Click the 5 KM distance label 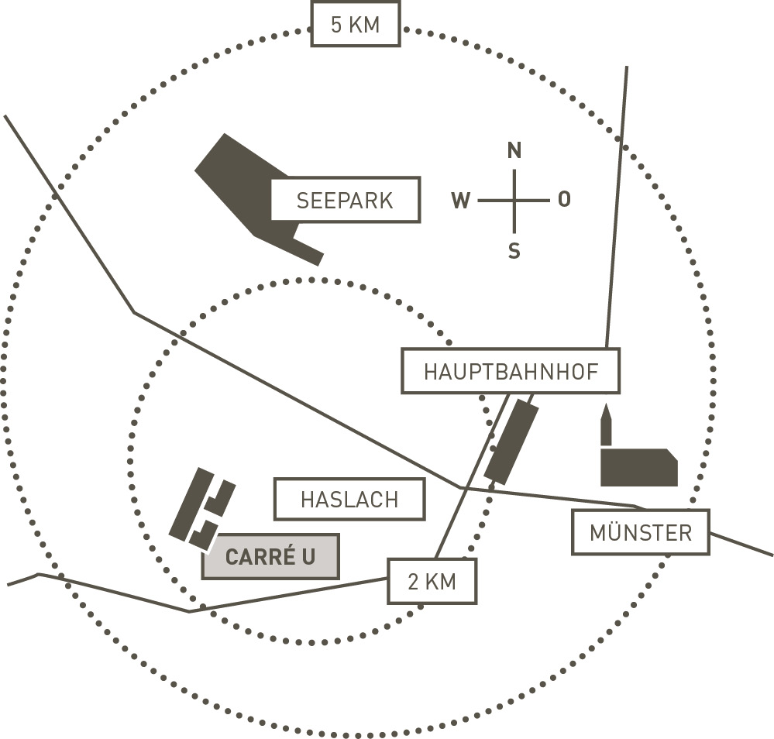coord(356,25)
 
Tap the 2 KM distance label coord(432,582)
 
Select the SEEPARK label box coord(345,201)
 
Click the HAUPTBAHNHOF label coord(511,372)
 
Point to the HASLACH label coord(349,500)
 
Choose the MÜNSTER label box coord(640,532)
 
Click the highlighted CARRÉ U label coord(270,557)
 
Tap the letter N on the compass coord(514,151)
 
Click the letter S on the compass coord(514,251)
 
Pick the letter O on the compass coord(564,200)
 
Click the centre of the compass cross coord(514,201)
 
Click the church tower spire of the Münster coord(606,426)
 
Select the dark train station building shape coord(511,442)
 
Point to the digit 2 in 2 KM coord(413,582)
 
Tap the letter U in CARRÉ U coord(308,557)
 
